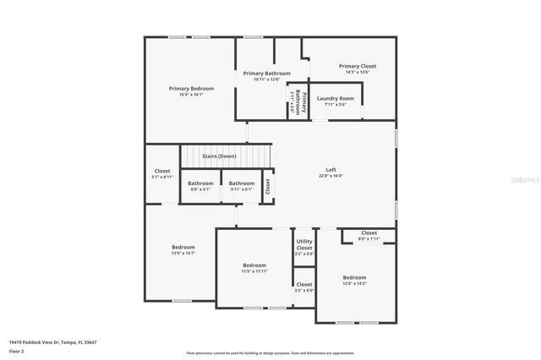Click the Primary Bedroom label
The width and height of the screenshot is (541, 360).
[191, 88]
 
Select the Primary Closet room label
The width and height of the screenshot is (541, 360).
[357, 66]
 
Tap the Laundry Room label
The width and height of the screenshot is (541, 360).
[336, 99]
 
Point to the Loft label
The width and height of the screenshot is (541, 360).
[331, 169]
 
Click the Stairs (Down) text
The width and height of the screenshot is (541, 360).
[219, 156]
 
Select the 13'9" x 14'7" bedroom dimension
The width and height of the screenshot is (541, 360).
[183, 253]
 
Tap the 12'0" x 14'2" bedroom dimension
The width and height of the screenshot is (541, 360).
[354, 284]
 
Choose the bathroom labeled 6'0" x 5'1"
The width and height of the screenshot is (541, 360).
[200, 189]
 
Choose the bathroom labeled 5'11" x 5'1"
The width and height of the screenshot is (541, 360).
[241, 189]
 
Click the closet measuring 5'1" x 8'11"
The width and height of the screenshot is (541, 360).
[161, 177]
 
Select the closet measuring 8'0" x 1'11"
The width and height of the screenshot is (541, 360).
[369, 239]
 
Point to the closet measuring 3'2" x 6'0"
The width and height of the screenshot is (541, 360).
[304, 291]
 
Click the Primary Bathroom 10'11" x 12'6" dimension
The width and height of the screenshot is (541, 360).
[266, 79]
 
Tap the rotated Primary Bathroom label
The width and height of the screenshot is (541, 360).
[297, 101]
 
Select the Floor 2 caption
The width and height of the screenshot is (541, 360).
[17, 351]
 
